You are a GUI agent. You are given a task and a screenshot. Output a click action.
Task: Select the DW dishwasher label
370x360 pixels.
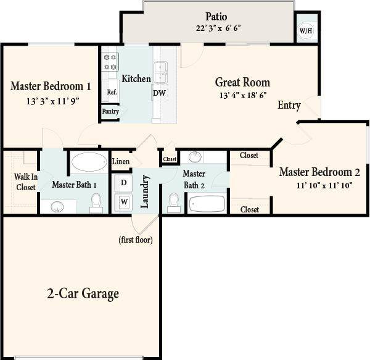pyautogui.click(x=160, y=92)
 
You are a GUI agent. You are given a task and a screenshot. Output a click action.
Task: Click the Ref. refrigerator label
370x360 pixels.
pyautogui.click(x=112, y=92)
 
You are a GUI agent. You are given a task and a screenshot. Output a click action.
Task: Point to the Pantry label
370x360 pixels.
pyautogui.click(x=110, y=112)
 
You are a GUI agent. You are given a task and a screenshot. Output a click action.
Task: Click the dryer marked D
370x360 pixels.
pyautogui.click(x=124, y=183)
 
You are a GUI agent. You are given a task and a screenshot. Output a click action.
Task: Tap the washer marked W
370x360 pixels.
pyautogui.click(x=124, y=201)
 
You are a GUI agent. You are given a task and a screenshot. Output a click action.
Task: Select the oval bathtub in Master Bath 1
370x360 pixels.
pyautogui.click(x=89, y=163)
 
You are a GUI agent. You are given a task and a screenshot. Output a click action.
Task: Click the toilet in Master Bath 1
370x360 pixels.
pyautogui.click(x=96, y=202)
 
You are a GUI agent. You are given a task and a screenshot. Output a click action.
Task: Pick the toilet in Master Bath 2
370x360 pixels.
pyautogui.click(x=174, y=201)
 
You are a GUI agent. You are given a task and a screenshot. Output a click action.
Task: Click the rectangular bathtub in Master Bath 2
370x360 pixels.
pyautogui.click(x=208, y=203)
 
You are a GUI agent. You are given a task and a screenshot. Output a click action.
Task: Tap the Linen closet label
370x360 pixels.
pyautogui.click(x=121, y=162)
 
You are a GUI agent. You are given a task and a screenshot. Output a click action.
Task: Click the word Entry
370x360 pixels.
pyautogui.click(x=289, y=105)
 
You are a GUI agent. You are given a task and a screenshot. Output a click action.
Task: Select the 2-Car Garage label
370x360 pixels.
pyautogui.click(x=83, y=293)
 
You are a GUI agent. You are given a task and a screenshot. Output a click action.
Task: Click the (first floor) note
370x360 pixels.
pyautogui.click(x=136, y=240)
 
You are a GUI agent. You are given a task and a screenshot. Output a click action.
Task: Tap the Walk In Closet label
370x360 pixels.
pyautogui.click(x=25, y=182)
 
